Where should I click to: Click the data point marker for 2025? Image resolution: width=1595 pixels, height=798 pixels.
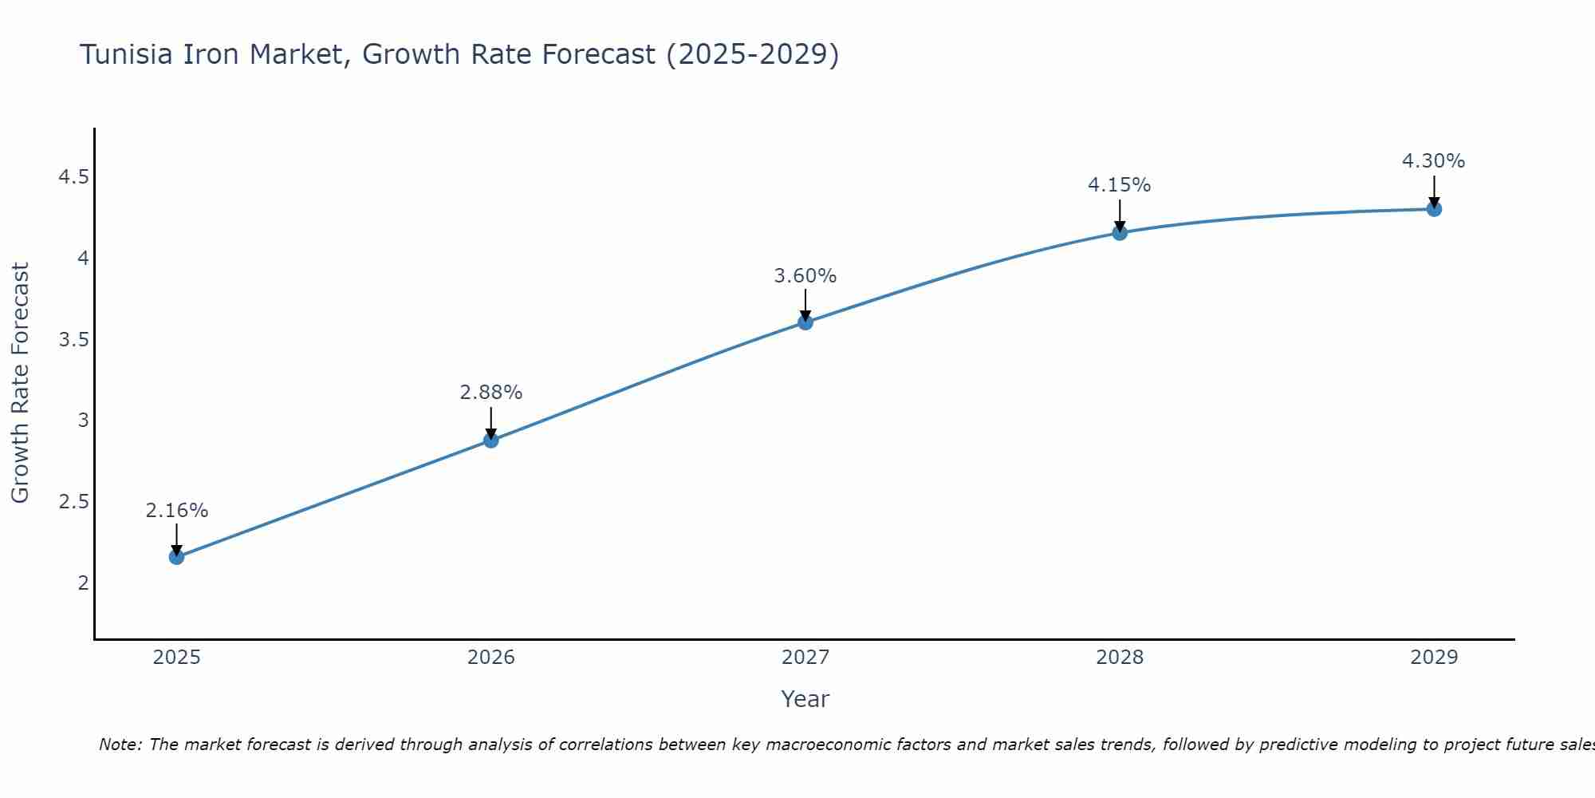[176, 557]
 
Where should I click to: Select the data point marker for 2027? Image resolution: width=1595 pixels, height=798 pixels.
[805, 322]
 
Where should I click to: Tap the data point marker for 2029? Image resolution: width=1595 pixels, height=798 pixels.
[1434, 209]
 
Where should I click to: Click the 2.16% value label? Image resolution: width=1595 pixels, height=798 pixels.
[176, 511]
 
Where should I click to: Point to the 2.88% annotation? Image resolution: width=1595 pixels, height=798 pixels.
[490, 393]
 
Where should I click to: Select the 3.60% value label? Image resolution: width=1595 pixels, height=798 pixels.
[805, 276]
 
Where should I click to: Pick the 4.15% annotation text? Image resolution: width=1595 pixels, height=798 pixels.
[1119, 185]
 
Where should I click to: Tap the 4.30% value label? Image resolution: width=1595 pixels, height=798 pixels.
[1433, 161]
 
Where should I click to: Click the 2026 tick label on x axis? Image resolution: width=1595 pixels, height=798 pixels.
[490, 658]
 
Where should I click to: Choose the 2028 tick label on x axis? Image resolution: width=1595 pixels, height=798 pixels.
[1119, 658]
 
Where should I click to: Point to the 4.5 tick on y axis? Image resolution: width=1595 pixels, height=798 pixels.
[73, 177]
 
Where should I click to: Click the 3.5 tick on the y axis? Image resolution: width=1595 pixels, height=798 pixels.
[73, 340]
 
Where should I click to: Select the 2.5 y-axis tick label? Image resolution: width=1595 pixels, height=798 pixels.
[73, 502]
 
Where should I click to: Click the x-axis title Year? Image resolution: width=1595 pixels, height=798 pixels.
[805, 699]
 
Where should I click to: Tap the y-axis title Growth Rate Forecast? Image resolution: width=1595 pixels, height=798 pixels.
[20, 383]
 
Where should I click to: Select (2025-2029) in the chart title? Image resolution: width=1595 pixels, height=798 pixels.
[752, 54]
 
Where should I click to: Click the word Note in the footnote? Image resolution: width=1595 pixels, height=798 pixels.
[119, 745]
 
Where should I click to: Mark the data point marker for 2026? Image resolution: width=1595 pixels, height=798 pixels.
[490, 440]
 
